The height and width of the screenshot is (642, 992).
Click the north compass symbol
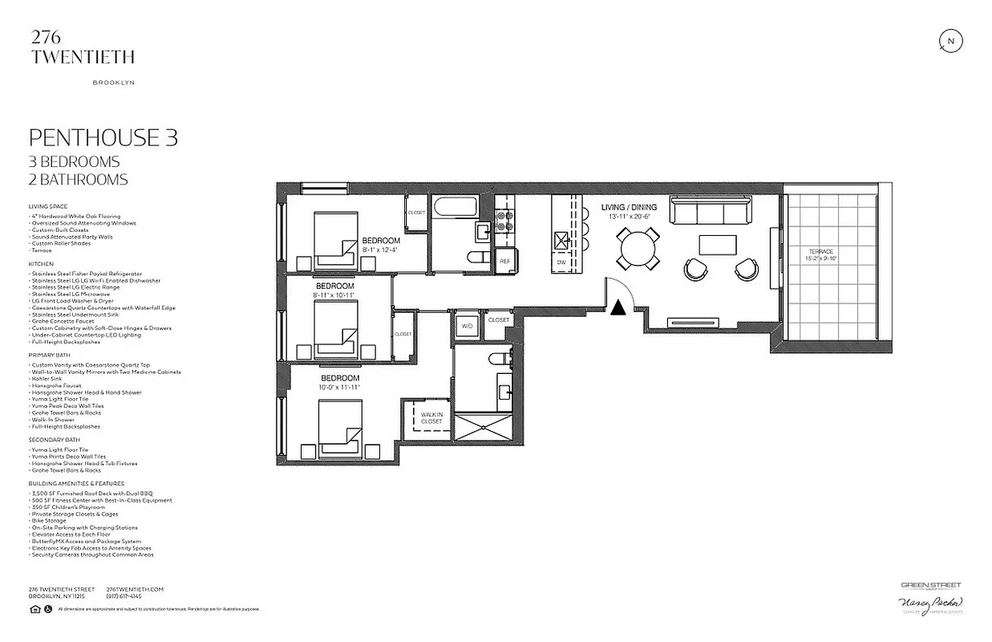(950, 42)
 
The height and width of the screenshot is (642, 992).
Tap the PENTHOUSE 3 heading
(103, 137)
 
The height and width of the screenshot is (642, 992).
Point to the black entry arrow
(618, 307)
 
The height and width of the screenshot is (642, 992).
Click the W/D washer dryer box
(467, 325)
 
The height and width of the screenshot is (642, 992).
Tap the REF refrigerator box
(505, 262)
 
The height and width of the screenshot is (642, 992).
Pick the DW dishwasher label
(562, 262)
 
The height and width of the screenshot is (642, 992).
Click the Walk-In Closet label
(431, 417)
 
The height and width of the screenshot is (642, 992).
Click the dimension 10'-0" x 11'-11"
(339, 387)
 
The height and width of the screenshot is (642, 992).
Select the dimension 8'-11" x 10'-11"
(334, 295)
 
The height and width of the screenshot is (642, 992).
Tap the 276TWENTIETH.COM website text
(135, 589)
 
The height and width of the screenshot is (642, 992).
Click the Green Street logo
(930, 586)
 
